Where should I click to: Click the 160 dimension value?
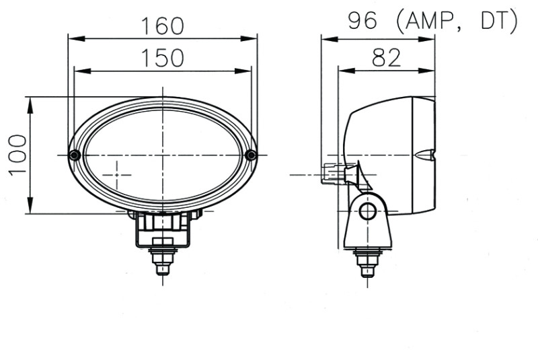pos(162,26)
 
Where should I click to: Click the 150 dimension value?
pos(162,58)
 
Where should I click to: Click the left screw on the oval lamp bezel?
pos(75,155)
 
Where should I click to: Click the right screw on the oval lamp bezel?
pos(251,155)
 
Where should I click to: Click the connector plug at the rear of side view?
pos(332,174)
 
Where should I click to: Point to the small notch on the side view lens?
pos(425,155)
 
